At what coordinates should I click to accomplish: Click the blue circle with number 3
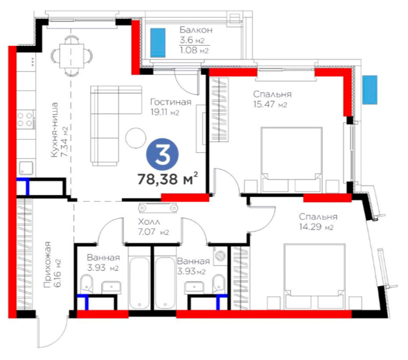(163, 154)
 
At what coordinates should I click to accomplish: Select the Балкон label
(196, 30)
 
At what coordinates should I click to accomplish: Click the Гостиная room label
(171, 102)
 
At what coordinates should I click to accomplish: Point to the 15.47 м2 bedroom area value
(270, 104)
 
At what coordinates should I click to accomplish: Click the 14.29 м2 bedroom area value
(316, 227)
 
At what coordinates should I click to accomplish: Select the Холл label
(149, 222)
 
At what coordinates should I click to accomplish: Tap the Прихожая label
(48, 265)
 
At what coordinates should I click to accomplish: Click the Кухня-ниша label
(55, 130)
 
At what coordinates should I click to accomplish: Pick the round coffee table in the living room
(135, 138)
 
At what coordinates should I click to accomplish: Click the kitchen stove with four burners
(25, 120)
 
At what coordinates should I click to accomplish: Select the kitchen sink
(26, 168)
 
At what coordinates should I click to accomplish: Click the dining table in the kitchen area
(71, 55)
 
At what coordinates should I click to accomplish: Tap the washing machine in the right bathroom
(220, 255)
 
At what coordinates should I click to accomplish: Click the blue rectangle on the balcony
(158, 43)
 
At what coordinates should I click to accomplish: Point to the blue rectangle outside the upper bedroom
(370, 90)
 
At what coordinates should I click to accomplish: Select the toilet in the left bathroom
(86, 284)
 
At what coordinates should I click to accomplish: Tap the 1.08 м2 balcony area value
(194, 50)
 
